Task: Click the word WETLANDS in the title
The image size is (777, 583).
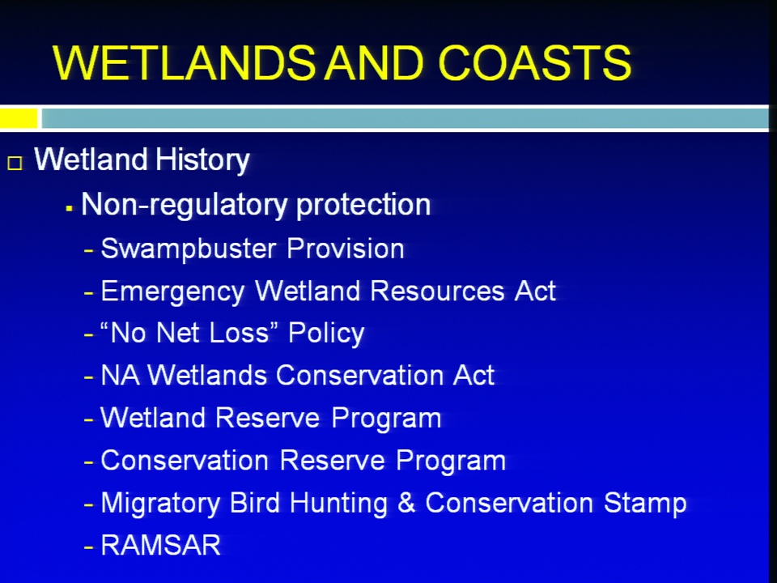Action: point(184,62)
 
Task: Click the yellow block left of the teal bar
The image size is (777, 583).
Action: point(19,118)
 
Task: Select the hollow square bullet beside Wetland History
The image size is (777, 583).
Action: point(15,163)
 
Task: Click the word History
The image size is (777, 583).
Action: point(202,160)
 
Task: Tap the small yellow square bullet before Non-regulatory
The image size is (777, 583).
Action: point(69,209)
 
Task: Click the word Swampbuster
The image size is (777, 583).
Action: point(188,249)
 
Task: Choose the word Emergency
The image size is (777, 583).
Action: point(172,291)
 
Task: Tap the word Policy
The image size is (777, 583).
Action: point(326,334)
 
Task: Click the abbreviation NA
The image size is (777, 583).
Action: point(120,375)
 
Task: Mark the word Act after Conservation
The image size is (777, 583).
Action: point(473,375)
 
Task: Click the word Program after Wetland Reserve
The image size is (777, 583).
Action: point(386,419)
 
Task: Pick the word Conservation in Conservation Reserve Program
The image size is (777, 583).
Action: point(185,461)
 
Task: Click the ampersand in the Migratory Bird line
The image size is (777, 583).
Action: point(406,503)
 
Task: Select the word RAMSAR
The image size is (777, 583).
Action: point(160,545)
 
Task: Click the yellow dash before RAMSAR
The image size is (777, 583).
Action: point(89,548)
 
